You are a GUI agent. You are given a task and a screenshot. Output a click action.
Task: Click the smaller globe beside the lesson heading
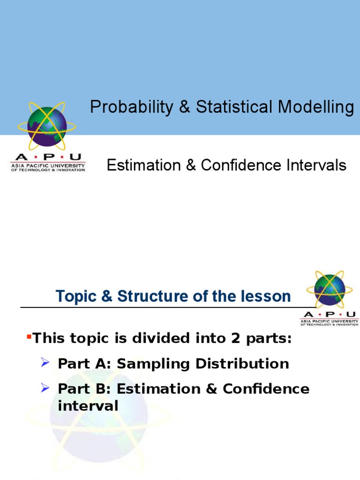pos(330,290)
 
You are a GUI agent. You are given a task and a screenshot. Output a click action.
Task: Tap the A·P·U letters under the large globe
pos(48,157)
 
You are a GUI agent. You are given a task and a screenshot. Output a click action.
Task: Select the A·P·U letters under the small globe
pos(330,315)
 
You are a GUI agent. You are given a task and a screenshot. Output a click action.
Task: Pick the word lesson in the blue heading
pos(267,297)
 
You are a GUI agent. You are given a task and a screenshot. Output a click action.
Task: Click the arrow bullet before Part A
pos(45,362)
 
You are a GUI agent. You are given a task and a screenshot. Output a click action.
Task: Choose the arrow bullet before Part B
pos(45,388)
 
